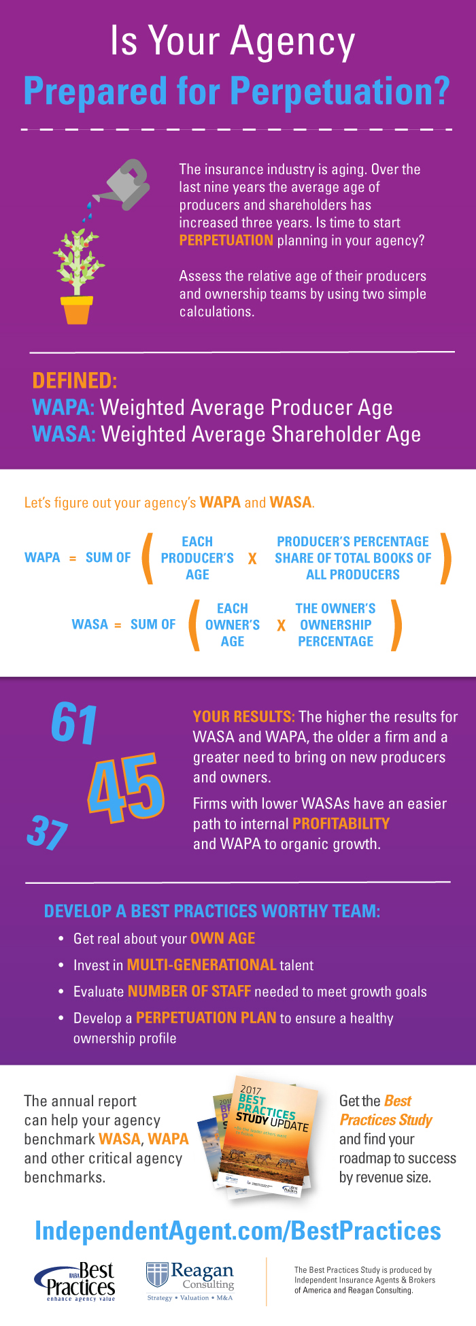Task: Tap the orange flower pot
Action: click(76, 310)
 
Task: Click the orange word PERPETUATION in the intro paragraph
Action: click(226, 240)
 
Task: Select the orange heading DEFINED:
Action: click(75, 380)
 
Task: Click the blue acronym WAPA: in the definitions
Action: click(63, 408)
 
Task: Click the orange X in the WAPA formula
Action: click(252, 559)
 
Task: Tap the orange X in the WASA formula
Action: click(281, 625)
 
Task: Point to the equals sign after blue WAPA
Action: click(73, 558)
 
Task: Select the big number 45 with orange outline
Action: click(126, 789)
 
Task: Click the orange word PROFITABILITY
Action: click(341, 824)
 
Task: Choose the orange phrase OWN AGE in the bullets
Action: click(222, 938)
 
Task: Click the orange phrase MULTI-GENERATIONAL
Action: click(201, 965)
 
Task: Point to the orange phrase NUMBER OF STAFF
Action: click(189, 991)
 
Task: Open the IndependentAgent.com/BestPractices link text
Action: click(238, 1231)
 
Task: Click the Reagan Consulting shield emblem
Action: click(157, 1275)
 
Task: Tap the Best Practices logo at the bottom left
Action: click(76, 1281)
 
